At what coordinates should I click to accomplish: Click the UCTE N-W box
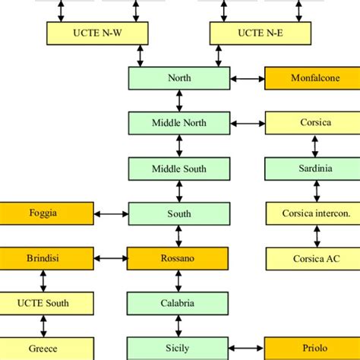coord(96,33)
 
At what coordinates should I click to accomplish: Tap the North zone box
coord(179,77)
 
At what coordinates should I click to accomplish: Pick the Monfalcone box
coord(311,77)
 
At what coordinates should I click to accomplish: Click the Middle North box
coord(179,122)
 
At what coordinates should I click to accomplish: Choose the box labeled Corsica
coord(311,122)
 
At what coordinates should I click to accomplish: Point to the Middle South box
coord(179,168)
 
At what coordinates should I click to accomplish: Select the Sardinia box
coord(311,168)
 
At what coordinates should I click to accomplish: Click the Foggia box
coord(46,213)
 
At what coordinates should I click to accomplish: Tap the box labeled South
coord(179,213)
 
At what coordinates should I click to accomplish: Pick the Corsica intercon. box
coord(311,213)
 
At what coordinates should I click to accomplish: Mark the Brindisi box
coord(46,258)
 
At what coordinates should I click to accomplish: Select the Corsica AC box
coord(311,258)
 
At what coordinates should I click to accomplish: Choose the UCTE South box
coord(46,303)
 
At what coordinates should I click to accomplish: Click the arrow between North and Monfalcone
coord(247,77)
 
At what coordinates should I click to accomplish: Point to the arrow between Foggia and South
coord(111,213)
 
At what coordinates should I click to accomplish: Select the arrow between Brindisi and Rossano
coord(111,258)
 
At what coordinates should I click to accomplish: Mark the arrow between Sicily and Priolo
coord(247,348)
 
